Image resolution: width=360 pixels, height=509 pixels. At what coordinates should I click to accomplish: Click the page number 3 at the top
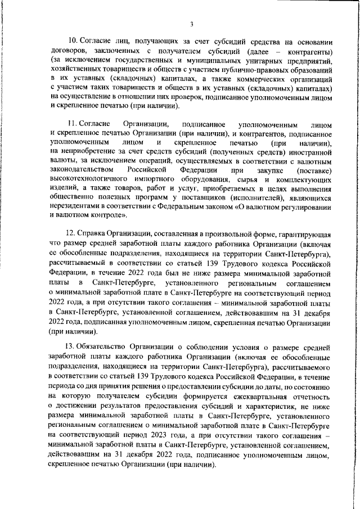pos(191,24)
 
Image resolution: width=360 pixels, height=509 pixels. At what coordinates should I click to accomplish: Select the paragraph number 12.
pos(71,233)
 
